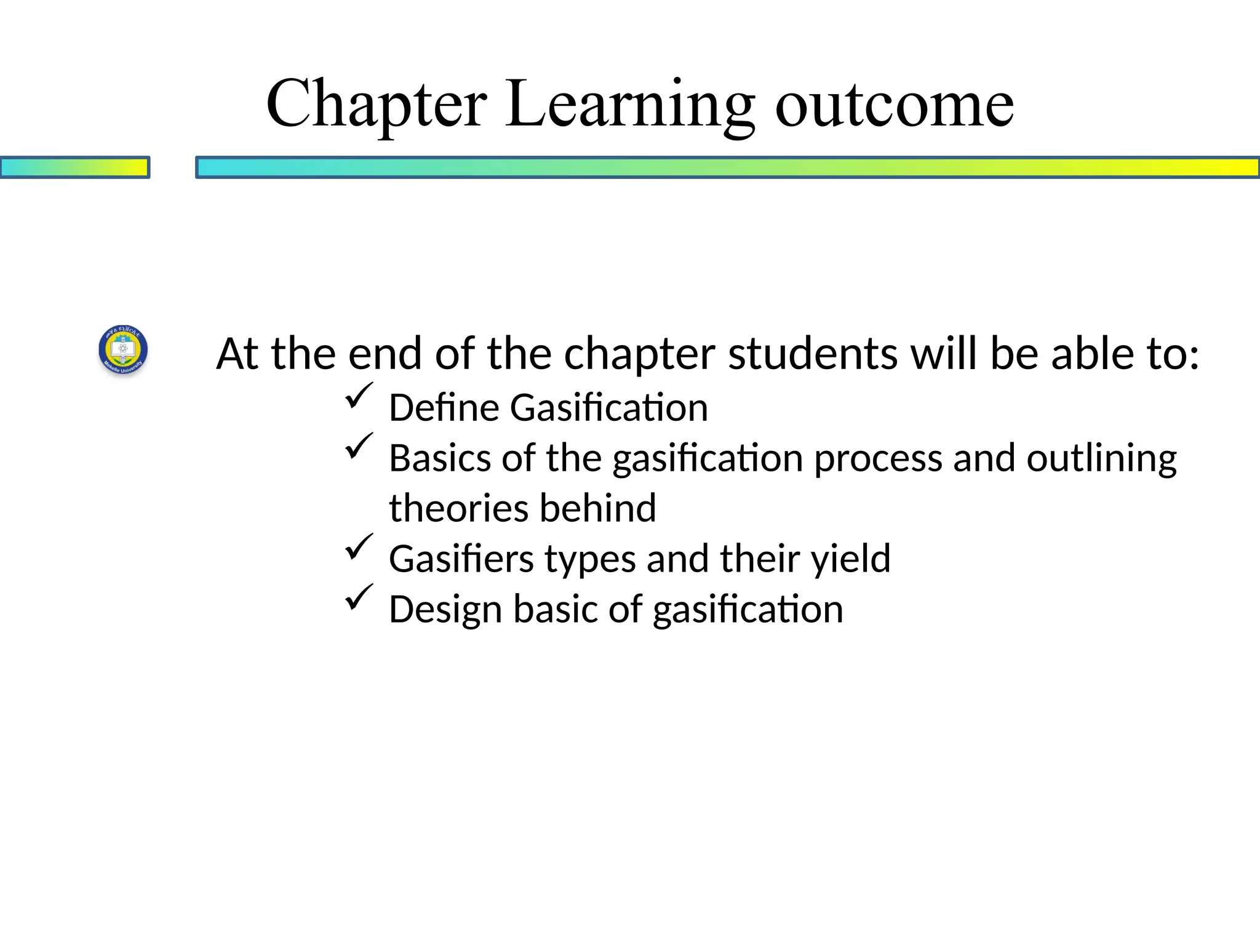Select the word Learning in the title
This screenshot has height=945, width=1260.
pyautogui.click(x=630, y=105)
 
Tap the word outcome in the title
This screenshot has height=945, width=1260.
pyautogui.click(x=894, y=105)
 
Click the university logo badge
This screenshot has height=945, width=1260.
pyautogui.click(x=124, y=350)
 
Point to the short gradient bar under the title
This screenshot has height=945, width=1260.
pyautogui.click(x=74, y=167)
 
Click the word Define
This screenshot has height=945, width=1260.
pyautogui.click(x=444, y=408)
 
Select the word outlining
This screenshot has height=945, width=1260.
pyautogui.click(x=1101, y=458)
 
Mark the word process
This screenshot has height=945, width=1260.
pyautogui.click(x=878, y=458)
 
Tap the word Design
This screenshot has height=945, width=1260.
pyautogui.click(x=445, y=609)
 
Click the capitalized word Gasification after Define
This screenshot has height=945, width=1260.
pyautogui.click(x=608, y=408)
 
